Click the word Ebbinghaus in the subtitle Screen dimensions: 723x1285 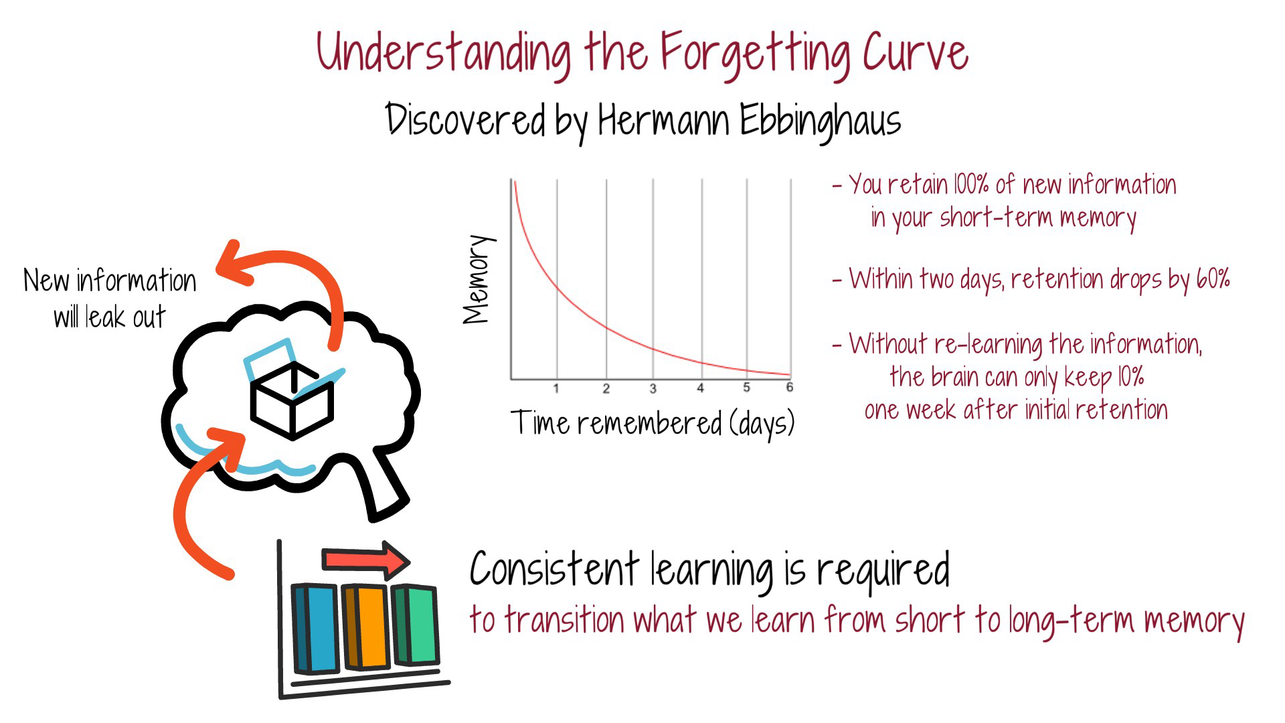click(x=820, y=120)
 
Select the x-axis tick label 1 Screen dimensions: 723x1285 click(x=556, y=388)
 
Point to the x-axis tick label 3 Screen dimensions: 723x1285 click(x=653, y=388)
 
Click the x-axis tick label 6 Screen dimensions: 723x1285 click(x=789, y=388)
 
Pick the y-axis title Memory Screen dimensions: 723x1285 click(x=478, y=279)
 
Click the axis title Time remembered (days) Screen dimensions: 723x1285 click(x=653, y=423)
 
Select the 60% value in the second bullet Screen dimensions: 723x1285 click(x=1213, y=278)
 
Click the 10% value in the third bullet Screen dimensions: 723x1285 click(x=1130, y=377)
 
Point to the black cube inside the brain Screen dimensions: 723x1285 click(x=292, y=402)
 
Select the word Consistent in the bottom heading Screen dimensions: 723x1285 click(x=555, y=570)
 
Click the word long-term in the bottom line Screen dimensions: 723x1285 click(x=1071, y=620)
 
